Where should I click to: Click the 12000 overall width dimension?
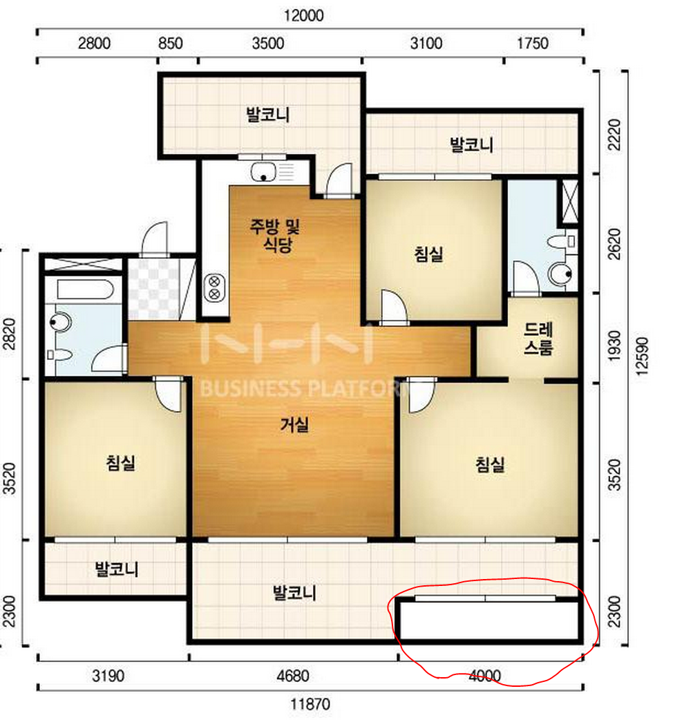tap(303, 16)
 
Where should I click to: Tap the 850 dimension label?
tap(171, 44)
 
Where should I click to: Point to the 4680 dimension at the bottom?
tap(293, 676)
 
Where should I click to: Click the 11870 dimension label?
tap(310, 704)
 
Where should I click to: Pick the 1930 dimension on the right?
tap(614, 345)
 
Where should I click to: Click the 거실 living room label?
tap(294, 425)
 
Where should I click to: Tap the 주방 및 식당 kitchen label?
tap(274, 235)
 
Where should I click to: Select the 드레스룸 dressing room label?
tap(538, 339)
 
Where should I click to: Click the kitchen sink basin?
tap(263, 173)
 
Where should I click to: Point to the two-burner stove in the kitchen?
tap(214, 287)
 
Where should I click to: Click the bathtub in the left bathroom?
tap(86, 290)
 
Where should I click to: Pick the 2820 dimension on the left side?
tap(9, 334)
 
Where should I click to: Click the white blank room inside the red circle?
tap(488, 620)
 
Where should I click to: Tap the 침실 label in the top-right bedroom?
tap(429, 254)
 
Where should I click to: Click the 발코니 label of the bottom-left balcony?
tap(116, 569)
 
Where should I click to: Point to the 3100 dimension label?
tap(426, 44)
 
